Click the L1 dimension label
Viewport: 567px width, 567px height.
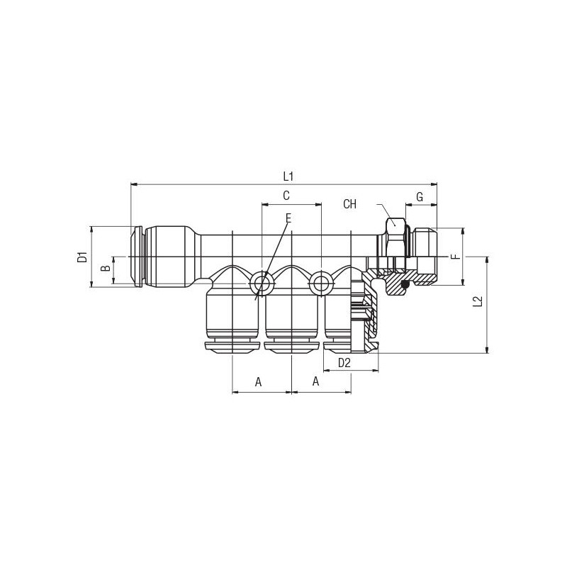coord(288,176)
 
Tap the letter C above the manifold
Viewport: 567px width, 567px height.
coord(286,196)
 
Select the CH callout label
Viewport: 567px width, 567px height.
coord(349,204)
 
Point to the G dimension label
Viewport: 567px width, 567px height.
coord(420,198)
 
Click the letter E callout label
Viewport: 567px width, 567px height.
coord(288,218)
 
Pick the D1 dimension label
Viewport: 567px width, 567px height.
coord(83,257)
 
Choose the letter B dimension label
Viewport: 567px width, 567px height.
coord(105,269)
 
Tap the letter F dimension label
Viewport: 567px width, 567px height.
coord(456,257)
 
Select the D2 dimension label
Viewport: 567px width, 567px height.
coord(344,363)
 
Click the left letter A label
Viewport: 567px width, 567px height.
coord(258,382)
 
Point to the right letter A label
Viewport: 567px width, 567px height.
coord(315,381)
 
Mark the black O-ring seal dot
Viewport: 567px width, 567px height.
coord(405,286)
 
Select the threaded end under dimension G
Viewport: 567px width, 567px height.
coord(425,256)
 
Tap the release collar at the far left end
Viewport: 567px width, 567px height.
coord(136,257)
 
